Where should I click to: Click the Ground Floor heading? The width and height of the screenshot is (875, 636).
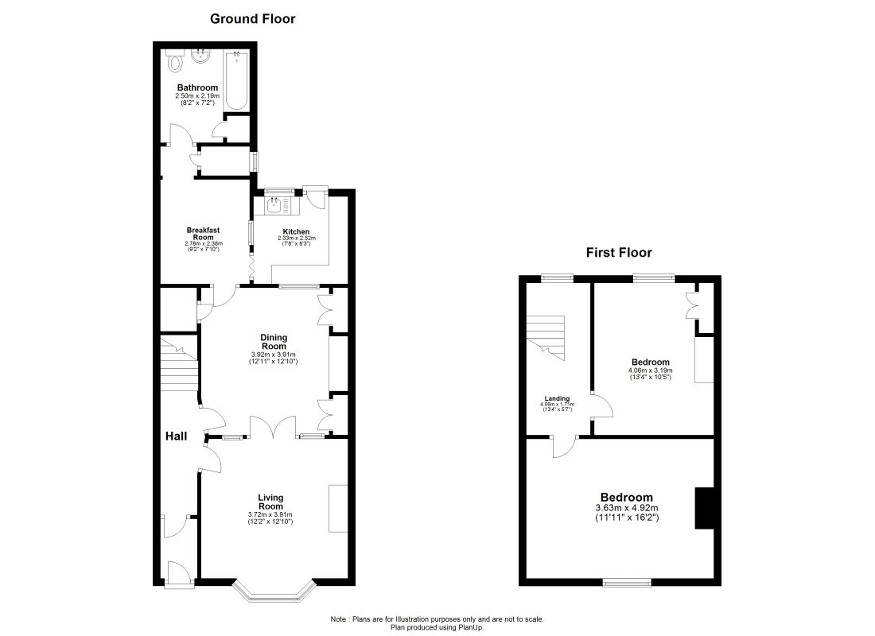click(x=252, y=18)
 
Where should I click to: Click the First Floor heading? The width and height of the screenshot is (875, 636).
click(x=619, y=252)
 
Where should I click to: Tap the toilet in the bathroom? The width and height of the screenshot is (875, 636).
click(x=175, y=61)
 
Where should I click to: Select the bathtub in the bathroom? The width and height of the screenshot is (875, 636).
click(x=236, y=81)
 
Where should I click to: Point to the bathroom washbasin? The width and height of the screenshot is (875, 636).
click(x=200, y=56)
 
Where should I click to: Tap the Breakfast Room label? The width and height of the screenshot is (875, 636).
click(x=203, y=233)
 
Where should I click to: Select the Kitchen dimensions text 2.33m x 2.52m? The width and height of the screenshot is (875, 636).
click(x=297, y=238)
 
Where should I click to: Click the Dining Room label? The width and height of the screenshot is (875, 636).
click(x=274, y=341)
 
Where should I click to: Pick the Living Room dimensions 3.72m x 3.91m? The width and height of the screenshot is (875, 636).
click(x=270, y=514)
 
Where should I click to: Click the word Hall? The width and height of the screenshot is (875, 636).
click(x=177, y=436)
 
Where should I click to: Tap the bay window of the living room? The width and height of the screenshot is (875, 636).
click(x=274, y=591)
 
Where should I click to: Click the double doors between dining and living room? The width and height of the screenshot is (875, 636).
click(x=273, y=427)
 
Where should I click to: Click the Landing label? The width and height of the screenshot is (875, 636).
click(x=557, y=398)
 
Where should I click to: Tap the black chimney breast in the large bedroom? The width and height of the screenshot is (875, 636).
click(x=704, y=508)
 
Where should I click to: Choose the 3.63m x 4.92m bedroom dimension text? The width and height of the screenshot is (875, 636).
click(x=627, y=508)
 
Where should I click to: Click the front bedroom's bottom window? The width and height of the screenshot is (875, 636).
click(x=627, y=583)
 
